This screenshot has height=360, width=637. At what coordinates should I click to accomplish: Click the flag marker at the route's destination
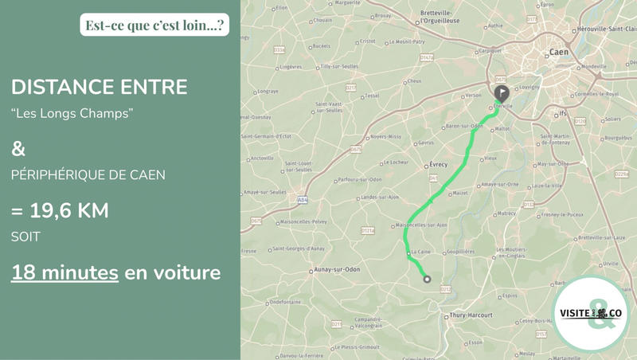pyautogui.click(x=502, y=84)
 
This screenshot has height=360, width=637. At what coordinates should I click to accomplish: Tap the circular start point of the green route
pyautogui.click(x=427, y=279)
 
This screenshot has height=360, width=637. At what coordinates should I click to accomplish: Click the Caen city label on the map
pyautogui.click(x=558, y=53)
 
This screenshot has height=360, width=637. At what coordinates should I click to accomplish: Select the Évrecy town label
pyautogui.click(x=438, y=165)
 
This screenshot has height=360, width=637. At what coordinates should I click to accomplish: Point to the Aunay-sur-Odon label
pyautogui.click(x=338, y=269)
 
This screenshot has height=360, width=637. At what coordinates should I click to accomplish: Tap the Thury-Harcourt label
pyautogui.click(x=470, y=315)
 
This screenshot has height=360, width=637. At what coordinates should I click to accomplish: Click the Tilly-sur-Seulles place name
pyautogui.click(x=339, y=66)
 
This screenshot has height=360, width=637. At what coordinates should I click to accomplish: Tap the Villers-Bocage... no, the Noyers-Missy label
pyautogui.click(x=387, y=136)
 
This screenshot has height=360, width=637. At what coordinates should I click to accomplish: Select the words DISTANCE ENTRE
pyautogui.click(x=100, y=87)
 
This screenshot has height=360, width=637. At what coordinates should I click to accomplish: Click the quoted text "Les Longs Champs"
pyautogui.click(x=72, y=113)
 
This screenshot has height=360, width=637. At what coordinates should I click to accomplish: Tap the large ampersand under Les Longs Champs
pyautogui.click(x=18, y=148)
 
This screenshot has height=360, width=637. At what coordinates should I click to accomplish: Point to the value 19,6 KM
pyautogui.click(x=61, y=211)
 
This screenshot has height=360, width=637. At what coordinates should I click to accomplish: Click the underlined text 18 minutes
pyautogui.click(x=64, y=272)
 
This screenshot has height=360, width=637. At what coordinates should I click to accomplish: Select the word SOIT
pyautogui.click(x=25, y=237)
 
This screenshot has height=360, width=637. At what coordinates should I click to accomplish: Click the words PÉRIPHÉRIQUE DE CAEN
pyautogui.click(x=88, y=175)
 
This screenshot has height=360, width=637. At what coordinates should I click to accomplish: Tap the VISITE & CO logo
pyautogui.click(x=591, y=313)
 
